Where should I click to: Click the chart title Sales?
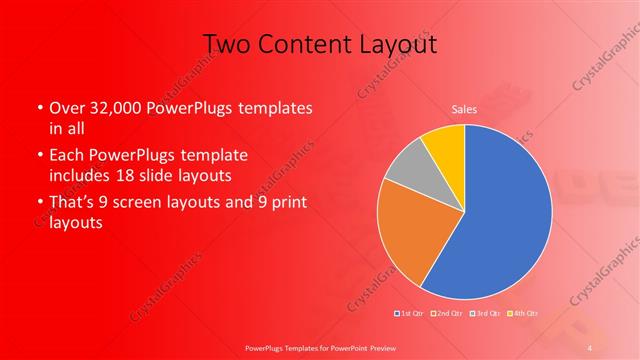point(464,109)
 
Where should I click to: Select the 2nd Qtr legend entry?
point(447,314)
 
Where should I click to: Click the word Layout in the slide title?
point(396,44)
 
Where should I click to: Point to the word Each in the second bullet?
point(64,157)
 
